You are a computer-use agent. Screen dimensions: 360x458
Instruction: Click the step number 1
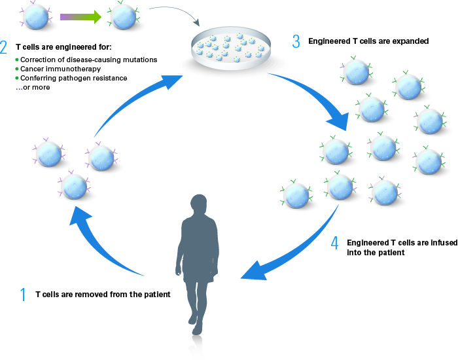24,295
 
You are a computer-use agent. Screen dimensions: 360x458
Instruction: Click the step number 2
5,46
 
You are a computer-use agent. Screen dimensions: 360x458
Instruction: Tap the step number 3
296,42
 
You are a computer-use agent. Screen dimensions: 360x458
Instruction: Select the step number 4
334,243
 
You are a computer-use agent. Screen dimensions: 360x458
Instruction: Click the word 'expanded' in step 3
408,42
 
